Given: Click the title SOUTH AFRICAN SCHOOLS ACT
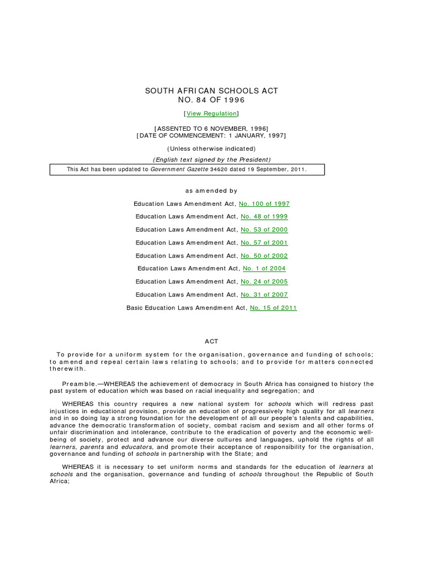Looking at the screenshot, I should click(211, 90).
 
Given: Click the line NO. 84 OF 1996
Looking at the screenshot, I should click(211, 100).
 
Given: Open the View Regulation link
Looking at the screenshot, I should click(211, 114).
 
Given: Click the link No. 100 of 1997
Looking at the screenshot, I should click(264, 204).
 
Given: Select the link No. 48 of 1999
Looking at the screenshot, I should click(264, 217).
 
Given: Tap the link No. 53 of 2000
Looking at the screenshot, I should click(264, 230).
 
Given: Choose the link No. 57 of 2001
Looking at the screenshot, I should click(264, 243).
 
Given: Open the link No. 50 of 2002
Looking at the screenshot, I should click(264, 256).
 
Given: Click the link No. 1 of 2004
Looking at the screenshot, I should click(264, 269).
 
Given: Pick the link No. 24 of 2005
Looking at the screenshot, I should click(264, 282).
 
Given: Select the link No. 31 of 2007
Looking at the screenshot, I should click(264, 295).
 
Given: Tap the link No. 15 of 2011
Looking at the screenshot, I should click(273, 308).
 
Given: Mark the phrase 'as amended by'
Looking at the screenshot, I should click(211, 191).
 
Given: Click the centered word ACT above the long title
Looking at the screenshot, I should click(212, 342).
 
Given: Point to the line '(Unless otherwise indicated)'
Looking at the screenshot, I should click(211, 148).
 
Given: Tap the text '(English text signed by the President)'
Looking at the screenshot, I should click(211, 159).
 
